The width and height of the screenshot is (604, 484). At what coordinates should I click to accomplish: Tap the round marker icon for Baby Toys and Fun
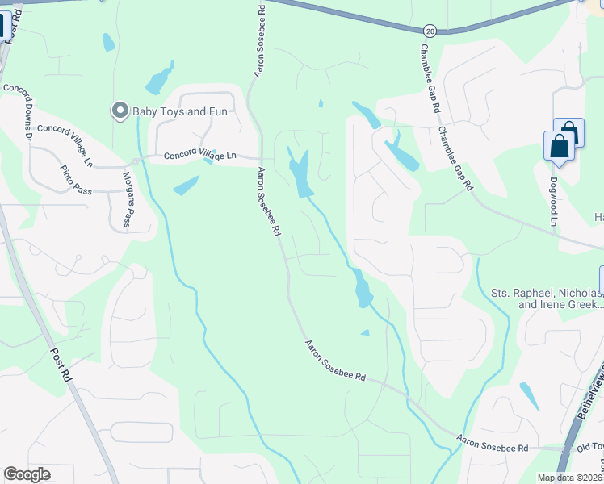[120, 111]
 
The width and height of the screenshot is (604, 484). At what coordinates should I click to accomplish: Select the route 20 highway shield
[428, 30]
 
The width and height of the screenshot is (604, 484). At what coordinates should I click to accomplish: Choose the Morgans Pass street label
[127, 198]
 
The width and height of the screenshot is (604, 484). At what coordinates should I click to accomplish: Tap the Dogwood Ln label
[554, 202]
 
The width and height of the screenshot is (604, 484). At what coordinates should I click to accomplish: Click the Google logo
[27, 474]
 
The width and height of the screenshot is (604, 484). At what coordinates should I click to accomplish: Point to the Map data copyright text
[569, 478]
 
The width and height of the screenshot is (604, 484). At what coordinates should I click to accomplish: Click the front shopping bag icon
[559, 148]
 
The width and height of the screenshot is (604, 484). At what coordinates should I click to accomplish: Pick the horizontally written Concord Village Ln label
[200, 156]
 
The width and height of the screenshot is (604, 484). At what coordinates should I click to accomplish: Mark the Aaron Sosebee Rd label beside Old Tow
[492, 443]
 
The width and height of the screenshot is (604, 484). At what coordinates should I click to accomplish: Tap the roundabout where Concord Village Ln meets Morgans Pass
[136, 161]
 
